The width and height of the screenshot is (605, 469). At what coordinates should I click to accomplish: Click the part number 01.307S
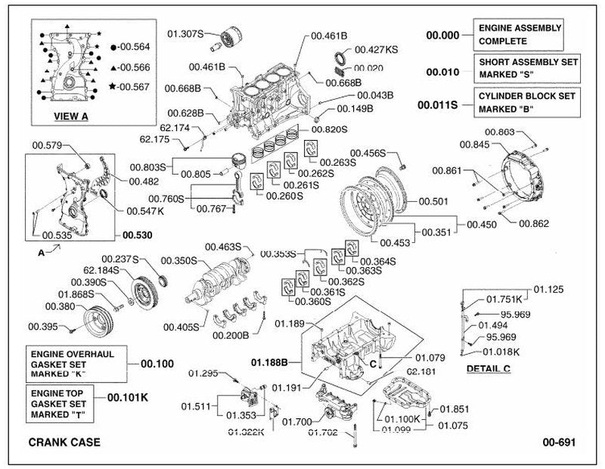(x=185, y=34)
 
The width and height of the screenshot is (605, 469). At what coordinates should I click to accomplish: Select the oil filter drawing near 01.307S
(x=231, y=39)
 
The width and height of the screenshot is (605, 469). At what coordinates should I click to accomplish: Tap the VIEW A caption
(x=71, y=116)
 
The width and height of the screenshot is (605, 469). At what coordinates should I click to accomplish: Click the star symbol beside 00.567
(x=113, y=86)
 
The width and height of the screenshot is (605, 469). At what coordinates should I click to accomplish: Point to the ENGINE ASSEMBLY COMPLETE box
(x=518, y=35)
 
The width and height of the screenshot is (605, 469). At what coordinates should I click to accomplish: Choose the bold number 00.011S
(x=438, y=104)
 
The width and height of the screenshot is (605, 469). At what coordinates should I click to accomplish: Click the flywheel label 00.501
(x=433, y=201)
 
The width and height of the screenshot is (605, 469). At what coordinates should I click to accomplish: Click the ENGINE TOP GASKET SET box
(x=60, y=404)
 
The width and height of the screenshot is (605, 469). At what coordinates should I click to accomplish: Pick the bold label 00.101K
(x=128, y=397)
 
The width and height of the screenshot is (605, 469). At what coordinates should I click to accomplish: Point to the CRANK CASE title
(x=64, y=442)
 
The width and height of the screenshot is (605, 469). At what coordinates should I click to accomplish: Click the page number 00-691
(x=559, y=442)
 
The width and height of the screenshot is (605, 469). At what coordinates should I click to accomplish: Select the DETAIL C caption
(x=489, y=368)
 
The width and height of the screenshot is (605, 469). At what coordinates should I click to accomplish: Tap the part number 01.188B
(x=269, y=362)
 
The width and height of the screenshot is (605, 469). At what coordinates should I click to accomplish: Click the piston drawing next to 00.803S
(x=238, y=161)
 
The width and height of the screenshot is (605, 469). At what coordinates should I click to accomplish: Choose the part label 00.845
(x=475, y=144)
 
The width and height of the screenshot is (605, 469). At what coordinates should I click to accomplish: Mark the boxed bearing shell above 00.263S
(x=311, y=148)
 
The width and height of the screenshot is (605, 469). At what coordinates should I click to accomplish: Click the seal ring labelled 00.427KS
(x=340, y=58)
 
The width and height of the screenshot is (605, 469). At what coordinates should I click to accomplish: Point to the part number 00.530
(x=138, y=235)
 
